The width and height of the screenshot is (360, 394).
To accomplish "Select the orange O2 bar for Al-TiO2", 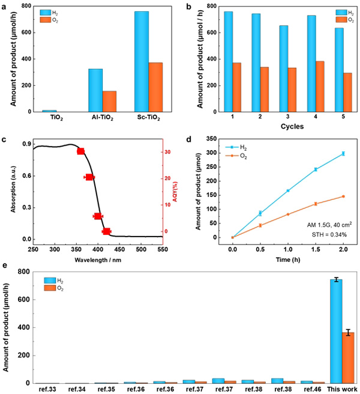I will coord(109,102).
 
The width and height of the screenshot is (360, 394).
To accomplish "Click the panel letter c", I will coord(4,141).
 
